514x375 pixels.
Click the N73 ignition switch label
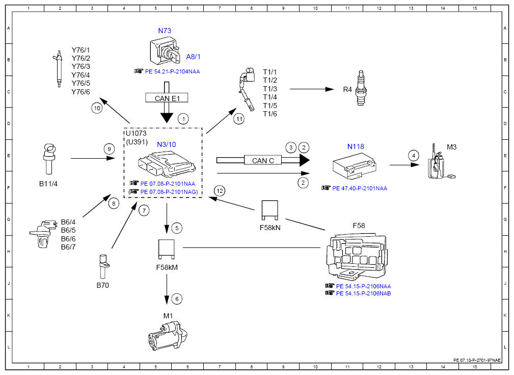tap(165, 31)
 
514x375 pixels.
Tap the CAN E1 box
tap(167, 98)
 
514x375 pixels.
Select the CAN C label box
tap(263, 160)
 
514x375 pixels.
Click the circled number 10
tap(97, 108)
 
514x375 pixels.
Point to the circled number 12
tap(220, 191)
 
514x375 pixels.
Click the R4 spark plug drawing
tap(361, 88)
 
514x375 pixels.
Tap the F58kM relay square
tap(167, 248)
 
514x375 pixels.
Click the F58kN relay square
tap(270, 210)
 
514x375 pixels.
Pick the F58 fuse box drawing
tap(357, 256)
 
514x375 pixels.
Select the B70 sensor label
tap(102, 285)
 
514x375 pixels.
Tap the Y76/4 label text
tap(80, 75)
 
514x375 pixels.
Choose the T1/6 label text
tap(270, 114)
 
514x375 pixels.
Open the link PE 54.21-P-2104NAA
tap(172, 71)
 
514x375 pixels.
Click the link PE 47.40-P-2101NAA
tap(360, 188)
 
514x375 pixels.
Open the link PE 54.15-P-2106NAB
tap(364, 293)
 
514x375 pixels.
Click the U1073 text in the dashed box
tap(136, 133)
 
